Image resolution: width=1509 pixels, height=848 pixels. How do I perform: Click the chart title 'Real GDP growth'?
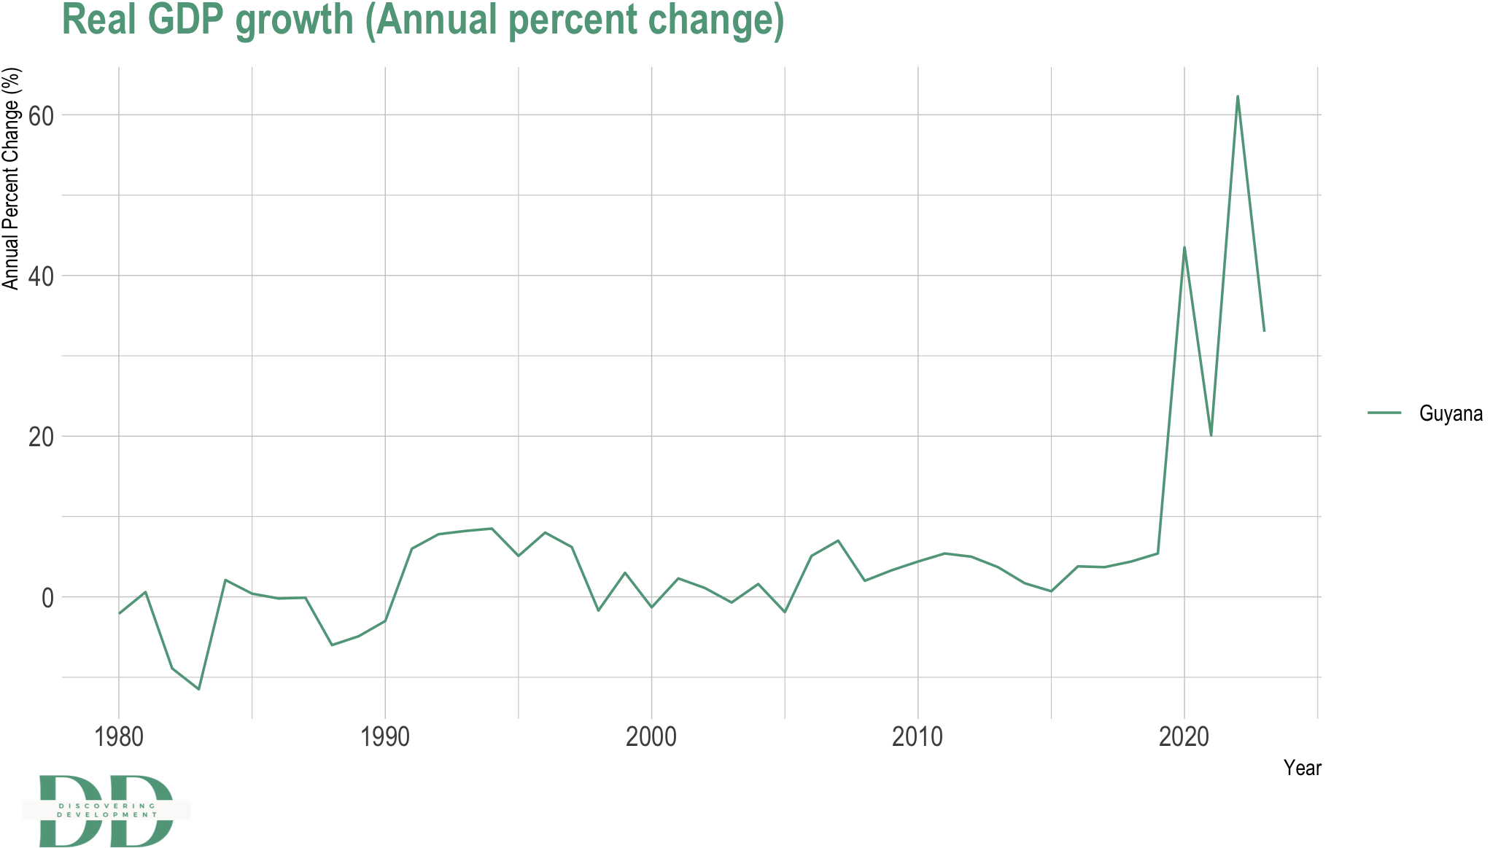coord(423,20)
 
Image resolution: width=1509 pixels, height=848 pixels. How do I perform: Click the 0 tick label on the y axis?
coord(47,598)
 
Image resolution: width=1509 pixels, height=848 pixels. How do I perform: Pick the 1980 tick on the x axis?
coord(119,737)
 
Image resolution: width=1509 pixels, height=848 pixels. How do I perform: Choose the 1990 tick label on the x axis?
coord(385,737)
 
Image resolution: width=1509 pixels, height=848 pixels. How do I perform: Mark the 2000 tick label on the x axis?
coord(651,737)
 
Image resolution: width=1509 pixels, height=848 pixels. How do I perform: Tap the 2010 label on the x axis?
coord(918,737)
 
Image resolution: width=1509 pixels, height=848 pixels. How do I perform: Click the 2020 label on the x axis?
coord(1184,737)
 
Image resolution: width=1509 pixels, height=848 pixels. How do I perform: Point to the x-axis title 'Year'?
coord(1302,768)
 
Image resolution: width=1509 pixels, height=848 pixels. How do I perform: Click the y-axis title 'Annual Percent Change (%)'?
coord(11,179)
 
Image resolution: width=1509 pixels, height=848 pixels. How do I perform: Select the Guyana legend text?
coord(1451,413)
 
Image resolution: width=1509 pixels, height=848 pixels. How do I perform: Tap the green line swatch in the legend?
coord(1384,413)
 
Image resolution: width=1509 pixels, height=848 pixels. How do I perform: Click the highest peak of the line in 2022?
coord(1238,96)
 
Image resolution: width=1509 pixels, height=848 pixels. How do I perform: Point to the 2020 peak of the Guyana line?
coord(1184,247)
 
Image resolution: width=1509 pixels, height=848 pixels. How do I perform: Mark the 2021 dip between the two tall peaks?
coord(1211,435)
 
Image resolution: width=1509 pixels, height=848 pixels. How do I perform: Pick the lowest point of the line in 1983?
coord(198,689)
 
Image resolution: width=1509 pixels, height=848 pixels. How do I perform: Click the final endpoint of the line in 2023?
coord(1264,331)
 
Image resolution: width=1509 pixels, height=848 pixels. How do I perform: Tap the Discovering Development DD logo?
coord(106,811)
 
